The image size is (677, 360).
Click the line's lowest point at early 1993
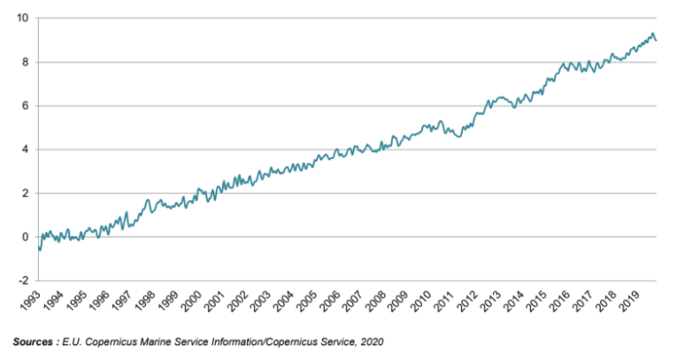39,250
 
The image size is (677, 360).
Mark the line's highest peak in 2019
652,34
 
